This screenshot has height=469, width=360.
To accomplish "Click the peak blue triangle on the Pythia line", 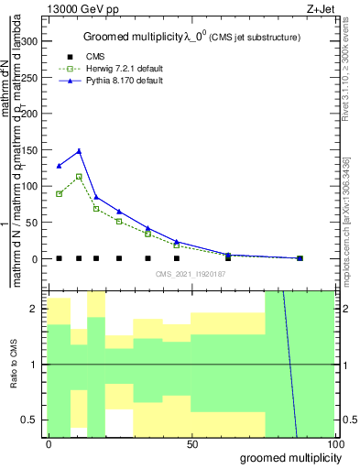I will coord(80,151).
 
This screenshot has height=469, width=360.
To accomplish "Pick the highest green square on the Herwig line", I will coord(80,177).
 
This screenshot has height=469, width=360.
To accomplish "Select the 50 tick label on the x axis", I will coord(192,444).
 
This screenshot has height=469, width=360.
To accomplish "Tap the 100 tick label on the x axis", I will coord(336,444).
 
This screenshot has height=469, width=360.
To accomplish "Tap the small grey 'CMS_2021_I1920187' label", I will coord(191,273).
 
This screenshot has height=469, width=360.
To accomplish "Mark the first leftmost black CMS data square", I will coord(59,258).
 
